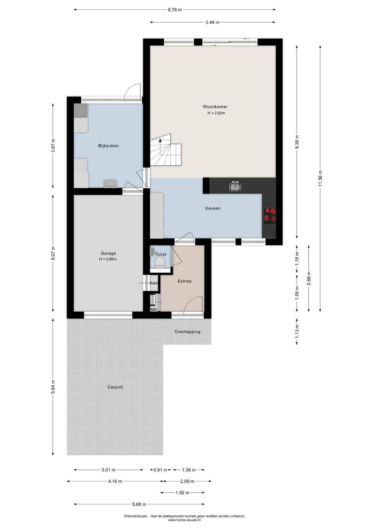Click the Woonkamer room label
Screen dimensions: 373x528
[215, 107]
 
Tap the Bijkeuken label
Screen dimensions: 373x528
[108, 146]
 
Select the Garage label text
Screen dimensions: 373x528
[108, 254]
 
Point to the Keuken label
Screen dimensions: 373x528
[213, 208]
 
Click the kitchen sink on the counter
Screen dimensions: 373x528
[235, 186]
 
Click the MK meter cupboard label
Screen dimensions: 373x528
[154, 310]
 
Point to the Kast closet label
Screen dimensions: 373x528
[154, 283]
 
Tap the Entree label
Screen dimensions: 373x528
[185, 281]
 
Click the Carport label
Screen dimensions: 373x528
[115, 387]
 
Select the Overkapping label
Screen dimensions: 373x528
[187, 332]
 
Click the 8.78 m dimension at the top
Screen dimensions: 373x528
[175, 10]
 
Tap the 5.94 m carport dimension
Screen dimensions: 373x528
[53, 387]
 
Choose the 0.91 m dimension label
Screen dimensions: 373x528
[160, 470]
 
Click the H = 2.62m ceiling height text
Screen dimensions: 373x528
[216, 113]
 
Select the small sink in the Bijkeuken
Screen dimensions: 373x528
[110, 183]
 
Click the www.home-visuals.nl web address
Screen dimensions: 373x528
[184, 520]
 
